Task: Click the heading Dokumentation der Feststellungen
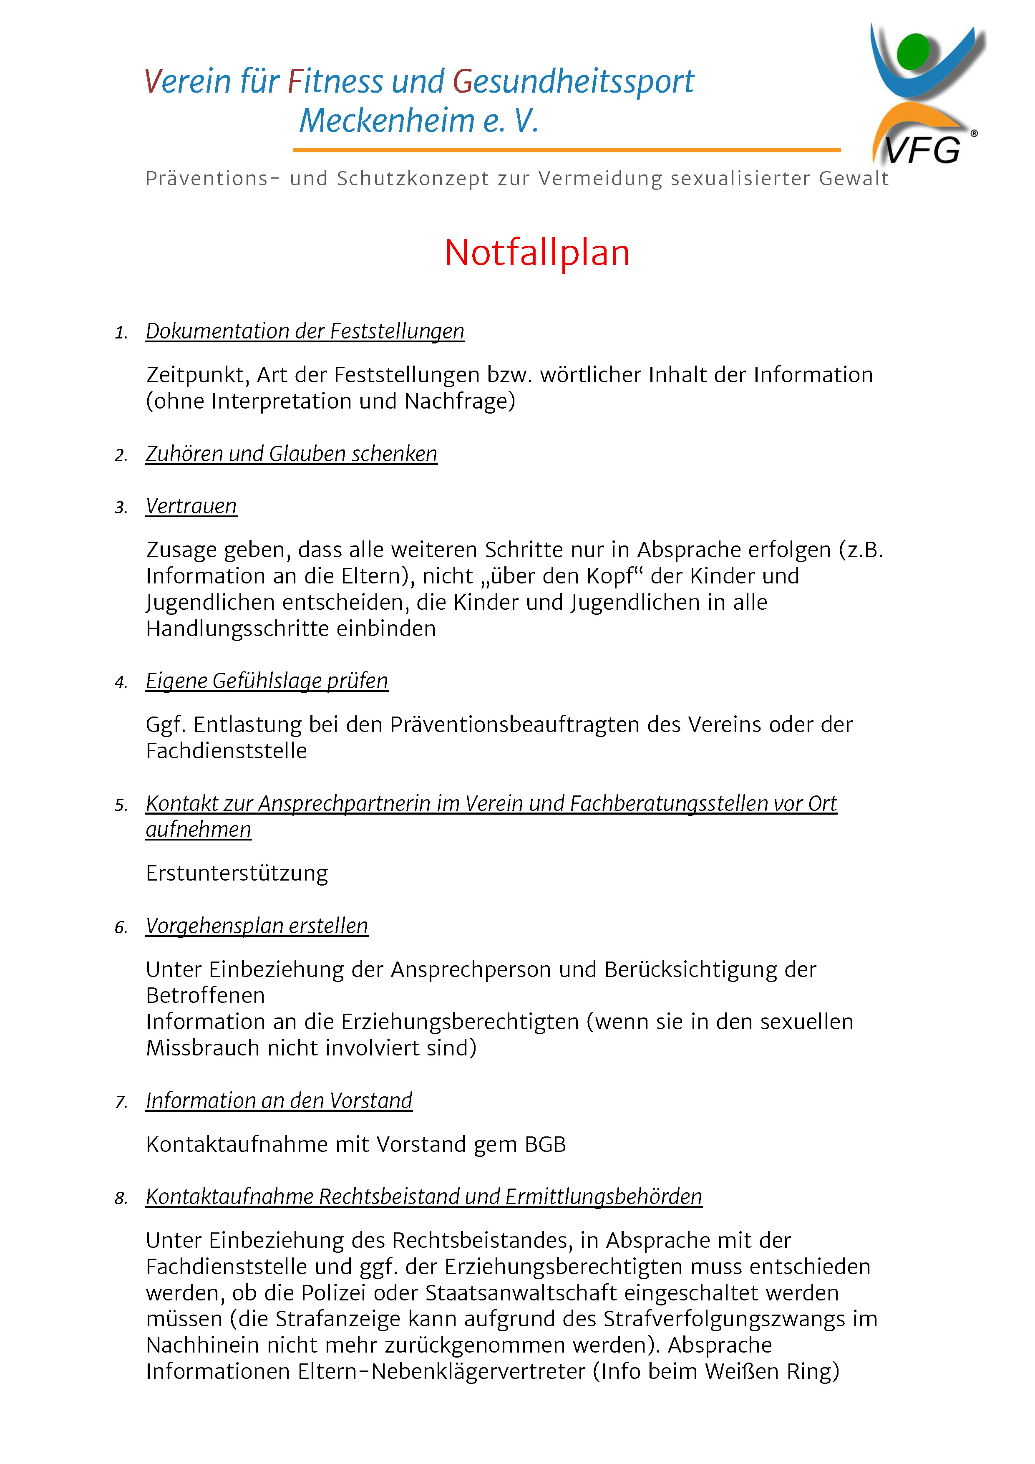pyautogui.click(x=305, y=331)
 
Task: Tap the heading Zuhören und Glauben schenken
pyautogui.click(x=291, y=454)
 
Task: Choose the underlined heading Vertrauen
pyautogui.click(x=191, y=506)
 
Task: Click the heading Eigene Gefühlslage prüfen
pyautogui.click(x=267, y=681)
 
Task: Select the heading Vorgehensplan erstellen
pyautogui.click(x=257, y=926)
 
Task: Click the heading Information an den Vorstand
pyautogui.click(x=279, y=1101)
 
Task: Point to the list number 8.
pyautogui.click(x=121, y=1199)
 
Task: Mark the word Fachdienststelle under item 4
pyautogui.click(x=226, y=751)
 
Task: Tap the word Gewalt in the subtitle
pyautogui.click(x=854, y=179)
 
